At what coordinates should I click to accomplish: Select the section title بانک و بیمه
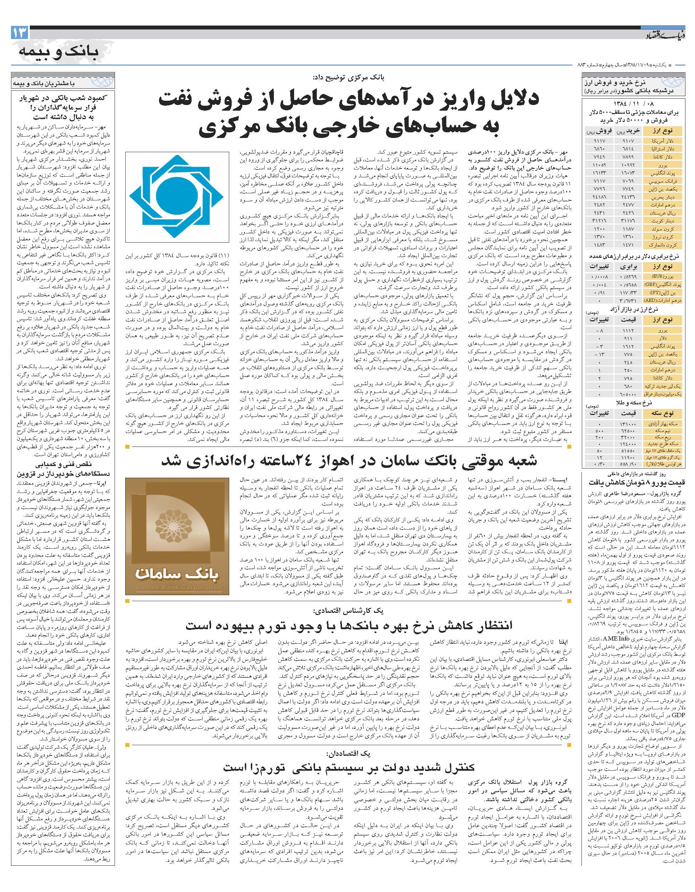click(x=59, y=52)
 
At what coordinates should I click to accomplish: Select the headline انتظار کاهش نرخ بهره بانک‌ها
click(x=349, y=625)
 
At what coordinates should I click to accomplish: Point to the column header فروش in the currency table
click(x=605, y=131)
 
